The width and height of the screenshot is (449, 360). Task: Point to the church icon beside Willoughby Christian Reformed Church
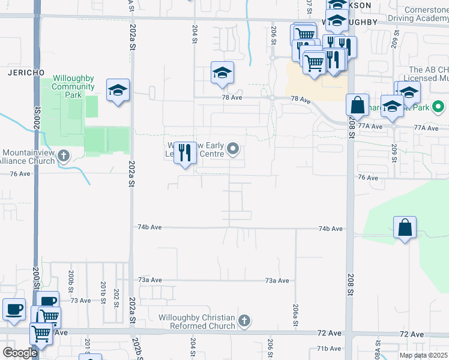tap(244, 321)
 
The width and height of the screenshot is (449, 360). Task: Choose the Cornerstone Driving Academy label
tap(417, 14)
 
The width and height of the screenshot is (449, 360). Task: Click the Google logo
tap(20, 353)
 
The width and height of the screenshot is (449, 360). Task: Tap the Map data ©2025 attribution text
tap(423, 355)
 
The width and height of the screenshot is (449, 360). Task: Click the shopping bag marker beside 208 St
tap(357, 105)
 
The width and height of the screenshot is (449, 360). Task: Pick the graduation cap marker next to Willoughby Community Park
tap(118, 91)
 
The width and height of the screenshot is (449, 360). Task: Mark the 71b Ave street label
tap(329, 349)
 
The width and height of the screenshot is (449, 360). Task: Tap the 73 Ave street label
tap(80, 301)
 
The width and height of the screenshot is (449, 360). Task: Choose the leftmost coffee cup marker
tap(14, 309)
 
